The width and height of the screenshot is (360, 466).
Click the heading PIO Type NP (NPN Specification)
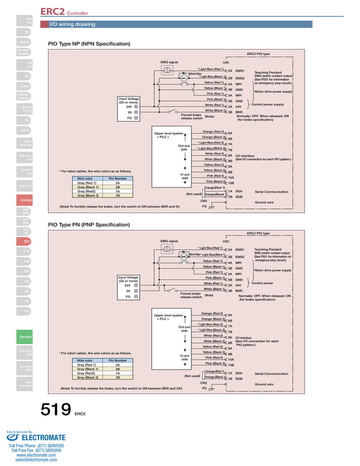(89, 43)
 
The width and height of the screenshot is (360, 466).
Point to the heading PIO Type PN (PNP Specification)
(89, 225)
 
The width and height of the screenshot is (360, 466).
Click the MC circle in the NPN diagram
(175, 78)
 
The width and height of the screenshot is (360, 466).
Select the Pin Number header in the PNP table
(117, 360)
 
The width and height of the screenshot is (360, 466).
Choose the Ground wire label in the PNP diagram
(264, 384)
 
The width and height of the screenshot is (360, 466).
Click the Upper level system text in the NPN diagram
(169, 133)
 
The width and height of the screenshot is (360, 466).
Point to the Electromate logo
(36, 437)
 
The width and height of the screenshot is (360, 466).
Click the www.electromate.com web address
(36, 455)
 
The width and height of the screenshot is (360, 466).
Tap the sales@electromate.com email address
(36, 460)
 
